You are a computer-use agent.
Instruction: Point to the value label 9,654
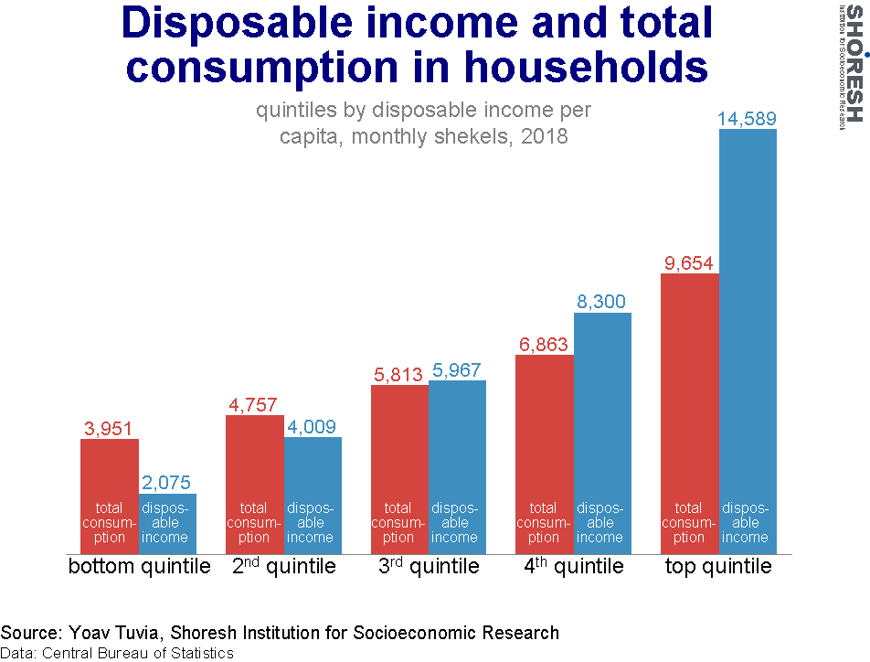(689, 263)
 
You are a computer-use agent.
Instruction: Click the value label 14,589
(748, 119)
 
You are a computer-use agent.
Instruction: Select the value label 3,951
(110, 428)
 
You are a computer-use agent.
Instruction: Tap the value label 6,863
(544, 345)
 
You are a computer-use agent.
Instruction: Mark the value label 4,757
(254, 405)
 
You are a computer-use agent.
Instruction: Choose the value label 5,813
(398, 374)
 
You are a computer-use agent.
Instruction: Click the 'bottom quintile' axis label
(139, 567)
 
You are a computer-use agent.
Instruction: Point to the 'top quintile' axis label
(718, 567)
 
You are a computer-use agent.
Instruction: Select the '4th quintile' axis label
(574, 567)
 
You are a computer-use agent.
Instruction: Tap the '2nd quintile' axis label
(283, 567)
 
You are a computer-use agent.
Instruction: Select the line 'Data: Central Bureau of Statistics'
(117, 653)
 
